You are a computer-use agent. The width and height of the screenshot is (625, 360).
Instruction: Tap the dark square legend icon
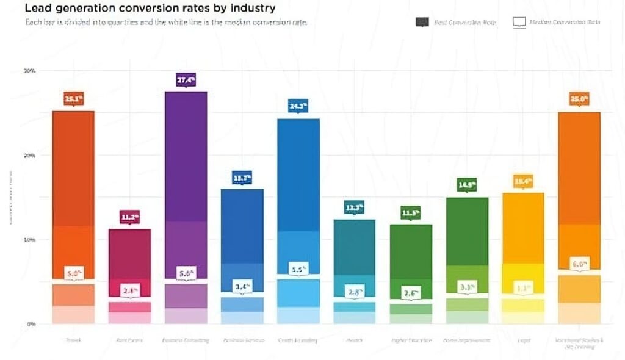coord(422,22)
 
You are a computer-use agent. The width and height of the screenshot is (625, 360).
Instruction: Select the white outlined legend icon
coord(519,23)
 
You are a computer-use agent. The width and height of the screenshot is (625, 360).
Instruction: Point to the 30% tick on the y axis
coord(29,71)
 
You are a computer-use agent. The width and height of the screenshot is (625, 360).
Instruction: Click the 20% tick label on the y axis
coord(29,156)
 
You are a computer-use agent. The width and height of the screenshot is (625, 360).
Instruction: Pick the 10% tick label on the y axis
coord(29,240)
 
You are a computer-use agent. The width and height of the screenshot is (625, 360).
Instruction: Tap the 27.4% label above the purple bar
coord(186,80)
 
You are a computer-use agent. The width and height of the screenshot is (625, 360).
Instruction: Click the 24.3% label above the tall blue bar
coord(298,106)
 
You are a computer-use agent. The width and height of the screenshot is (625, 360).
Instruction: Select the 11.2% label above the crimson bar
coord(129,217)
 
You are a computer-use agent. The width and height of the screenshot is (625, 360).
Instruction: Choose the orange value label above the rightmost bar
coord(579,99)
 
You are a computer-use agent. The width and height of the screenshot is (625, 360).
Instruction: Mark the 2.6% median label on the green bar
coord(411,293)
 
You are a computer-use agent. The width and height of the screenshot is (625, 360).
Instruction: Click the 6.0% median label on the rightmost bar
coord(579,264)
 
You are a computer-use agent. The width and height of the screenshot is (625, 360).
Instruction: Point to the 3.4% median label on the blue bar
coord(242,286)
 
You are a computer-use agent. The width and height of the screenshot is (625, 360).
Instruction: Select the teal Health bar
coord(355,256)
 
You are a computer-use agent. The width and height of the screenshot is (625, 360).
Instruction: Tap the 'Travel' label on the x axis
coord(73,340)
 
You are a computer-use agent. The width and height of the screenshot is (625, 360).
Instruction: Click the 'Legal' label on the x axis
coord(523,340)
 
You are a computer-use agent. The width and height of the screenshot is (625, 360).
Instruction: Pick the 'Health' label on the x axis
coord(355,340)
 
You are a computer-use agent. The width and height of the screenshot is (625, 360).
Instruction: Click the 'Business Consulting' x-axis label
coord(186,340)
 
